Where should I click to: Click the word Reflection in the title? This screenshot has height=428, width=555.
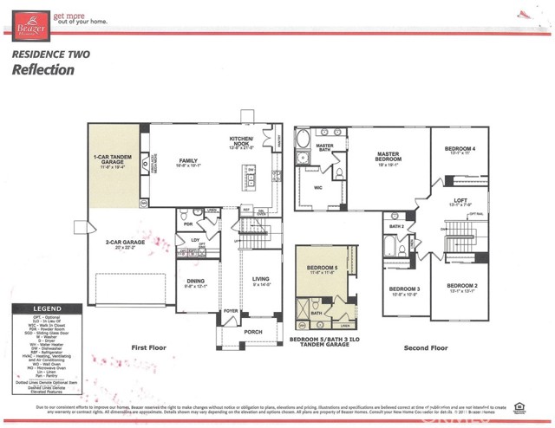[x=42, y=70]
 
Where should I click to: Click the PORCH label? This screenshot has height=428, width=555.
[x=253, y=331]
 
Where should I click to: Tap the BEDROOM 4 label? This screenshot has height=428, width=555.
[x=460, y=149]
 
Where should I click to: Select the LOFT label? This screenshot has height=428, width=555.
[x=460, y=201]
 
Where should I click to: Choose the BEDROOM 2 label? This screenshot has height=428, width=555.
[x=461, y=286]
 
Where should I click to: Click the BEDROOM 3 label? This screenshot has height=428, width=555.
[x=404, y=289]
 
